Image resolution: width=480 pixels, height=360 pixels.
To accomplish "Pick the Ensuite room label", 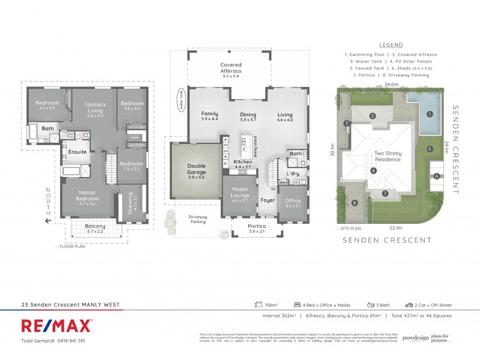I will coord(78,152).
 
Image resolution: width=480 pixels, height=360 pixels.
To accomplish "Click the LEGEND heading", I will coord(391,45).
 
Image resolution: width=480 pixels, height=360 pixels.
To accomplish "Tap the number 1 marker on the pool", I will coord(429,113).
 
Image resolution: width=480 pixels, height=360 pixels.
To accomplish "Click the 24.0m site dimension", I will coord(391,85).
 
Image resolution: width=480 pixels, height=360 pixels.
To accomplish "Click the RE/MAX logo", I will coord(57,326).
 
